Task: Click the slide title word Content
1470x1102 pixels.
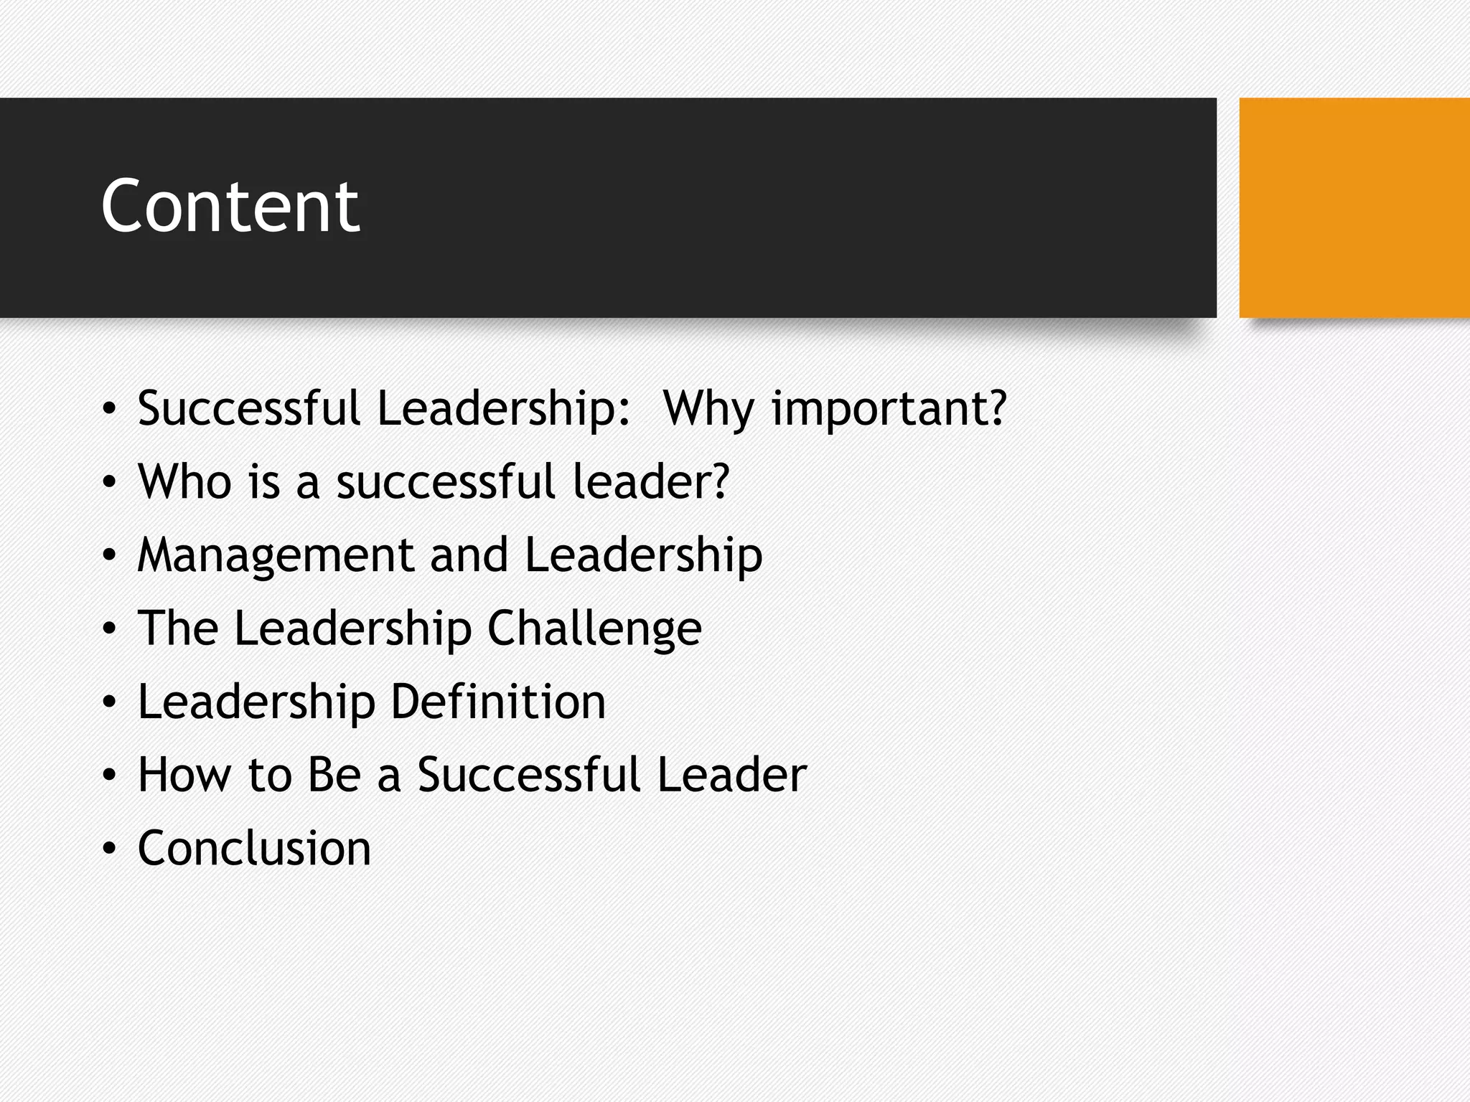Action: click(x=230, y=207)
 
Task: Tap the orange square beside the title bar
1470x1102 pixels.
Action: click(x=1354, y=207)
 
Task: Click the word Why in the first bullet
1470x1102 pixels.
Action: click(x=708, y=409)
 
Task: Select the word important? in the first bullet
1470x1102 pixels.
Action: click(x=889, y=409)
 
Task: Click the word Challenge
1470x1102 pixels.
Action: click(x=594, y=628)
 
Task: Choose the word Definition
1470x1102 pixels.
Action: click(x=498, y=702)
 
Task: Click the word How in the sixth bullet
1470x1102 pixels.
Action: click(x=184, y=775)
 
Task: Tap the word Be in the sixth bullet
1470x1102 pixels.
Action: click(x=334, y=775)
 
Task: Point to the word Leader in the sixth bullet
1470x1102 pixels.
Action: click(x=731, y=775)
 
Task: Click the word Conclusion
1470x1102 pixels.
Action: click(x=254, y=848)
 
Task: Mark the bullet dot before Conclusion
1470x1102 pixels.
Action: click(x=108, y=849)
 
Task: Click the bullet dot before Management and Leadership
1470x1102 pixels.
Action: click(x=108, y=556)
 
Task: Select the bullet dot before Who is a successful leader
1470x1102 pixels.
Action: click(x=108, y=482)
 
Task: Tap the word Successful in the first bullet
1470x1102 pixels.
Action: click(x=248, y=409)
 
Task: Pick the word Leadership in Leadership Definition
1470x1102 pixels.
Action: click(x=256, y=702)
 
